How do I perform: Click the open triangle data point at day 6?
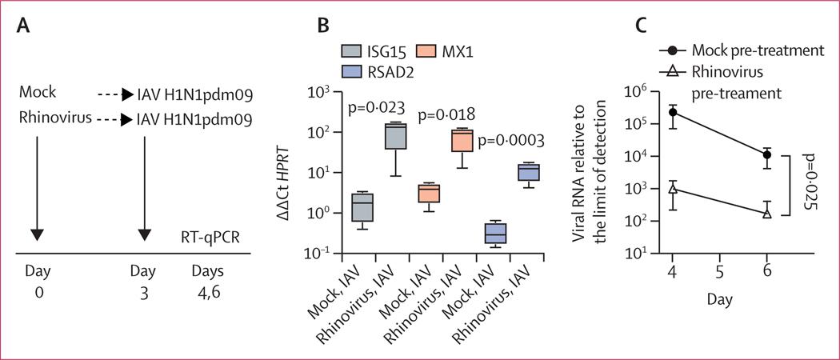[767, 213]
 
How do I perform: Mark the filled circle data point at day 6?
[767, 154]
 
